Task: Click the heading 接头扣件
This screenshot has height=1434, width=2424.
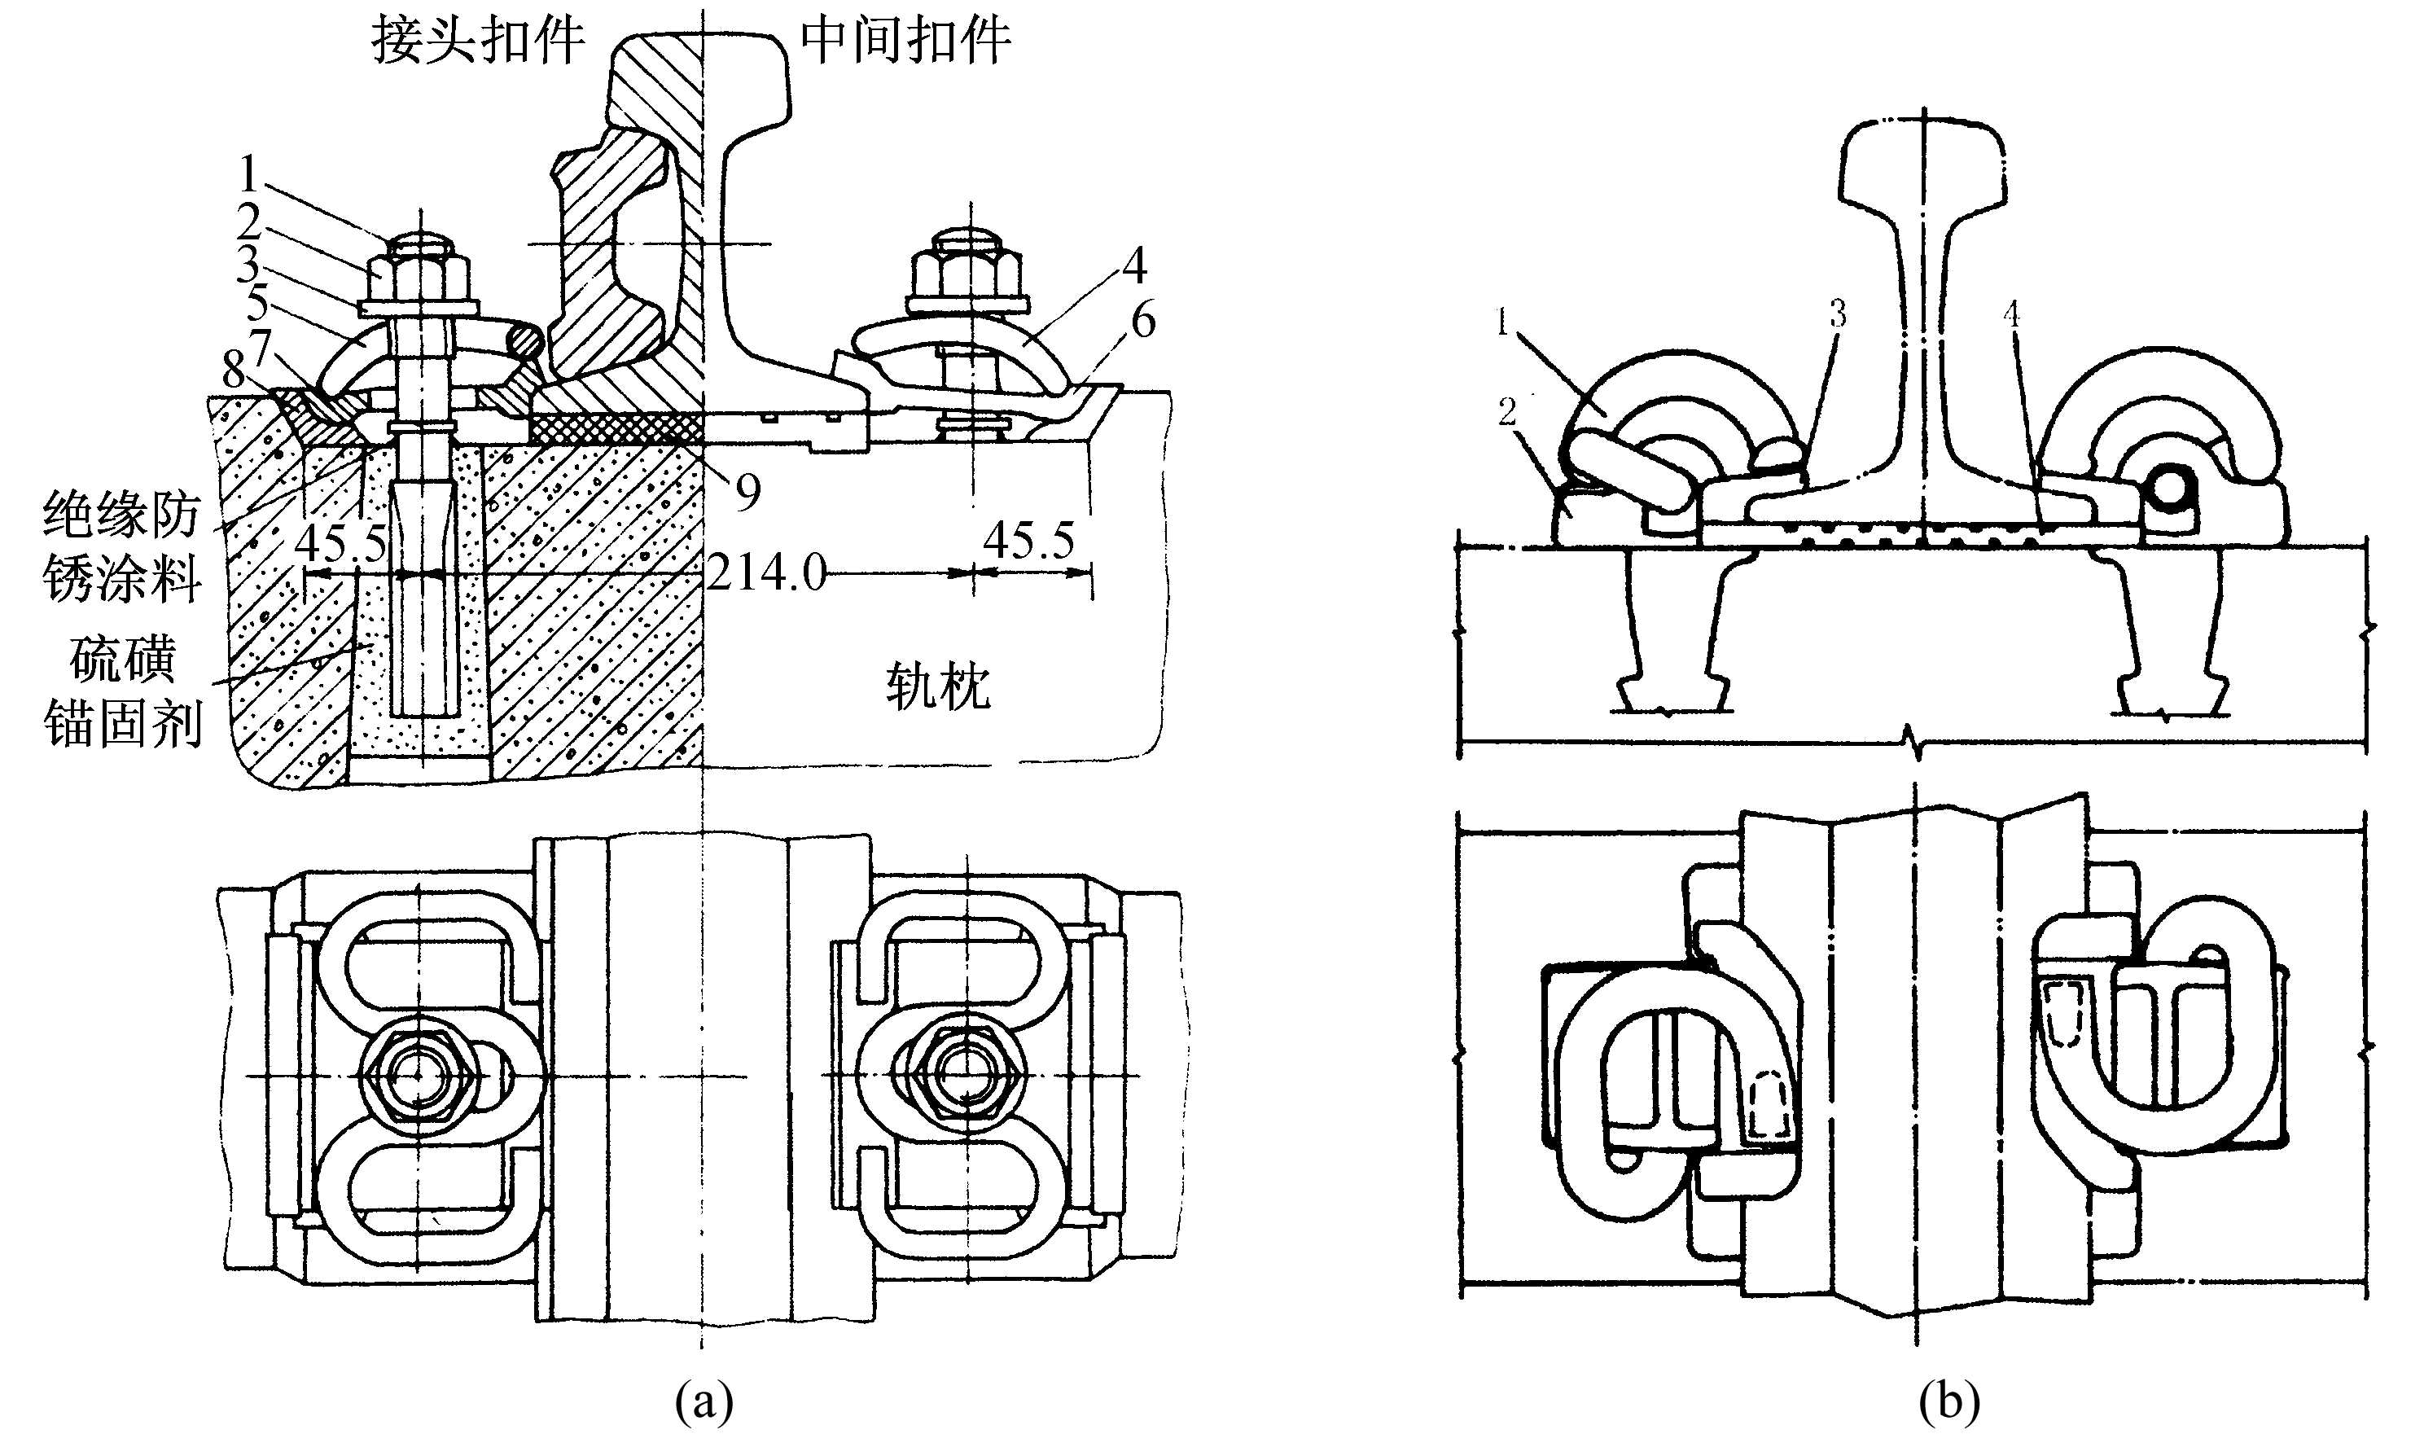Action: pyautogui.click(x=478, y=41)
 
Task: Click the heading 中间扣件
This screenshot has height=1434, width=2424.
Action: pyautogui.click(x=905, y=41)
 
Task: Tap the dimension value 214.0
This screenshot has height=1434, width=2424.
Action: pyautogui.click(x=767, y=573)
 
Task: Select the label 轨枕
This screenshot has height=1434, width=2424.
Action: pyautogui.click(x=938, y=688)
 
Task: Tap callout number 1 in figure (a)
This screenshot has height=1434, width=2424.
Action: pyautogui.click(x=249, y=175)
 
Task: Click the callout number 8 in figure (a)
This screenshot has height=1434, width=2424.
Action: pyautogui.click(x=233, y=370)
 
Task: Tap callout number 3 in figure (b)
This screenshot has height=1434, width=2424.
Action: pyautogui.click(x=1837, y=314)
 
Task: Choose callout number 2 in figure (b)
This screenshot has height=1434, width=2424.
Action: pyautogui.click(x=1506, y=413)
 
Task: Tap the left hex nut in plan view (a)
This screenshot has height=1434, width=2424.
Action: pyautogui.click(x=419, y=1075)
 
